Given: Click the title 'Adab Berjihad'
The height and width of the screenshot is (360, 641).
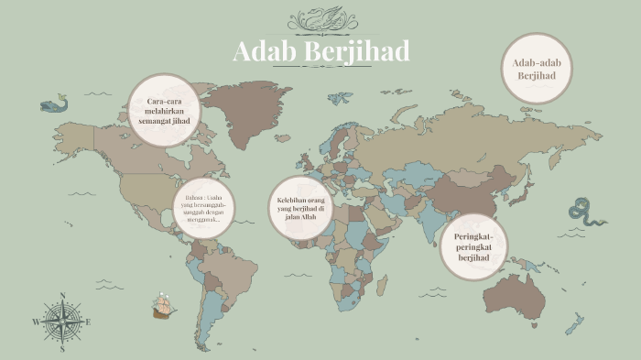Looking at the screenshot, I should pyautogui.click(x=320, y=51).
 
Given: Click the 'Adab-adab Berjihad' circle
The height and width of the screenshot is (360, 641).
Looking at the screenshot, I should pyautogui.click(x=537, y=68).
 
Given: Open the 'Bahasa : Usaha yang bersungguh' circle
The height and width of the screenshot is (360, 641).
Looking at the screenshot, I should pyautogui.click(x=202, y=208).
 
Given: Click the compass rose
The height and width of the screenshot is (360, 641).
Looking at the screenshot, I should pyautogui.click(x=62, y=322).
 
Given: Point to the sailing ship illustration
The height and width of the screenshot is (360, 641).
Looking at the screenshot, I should pyautogui.click(x=163, y=306).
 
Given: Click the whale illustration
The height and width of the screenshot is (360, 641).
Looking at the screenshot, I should pyautogui.click(x=55, y=104).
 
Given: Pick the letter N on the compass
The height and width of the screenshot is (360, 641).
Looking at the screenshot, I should pyautogui.click(x=62, y=296).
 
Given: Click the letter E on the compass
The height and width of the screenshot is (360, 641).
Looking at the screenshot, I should pyautogui.click(x=88, y=322).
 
